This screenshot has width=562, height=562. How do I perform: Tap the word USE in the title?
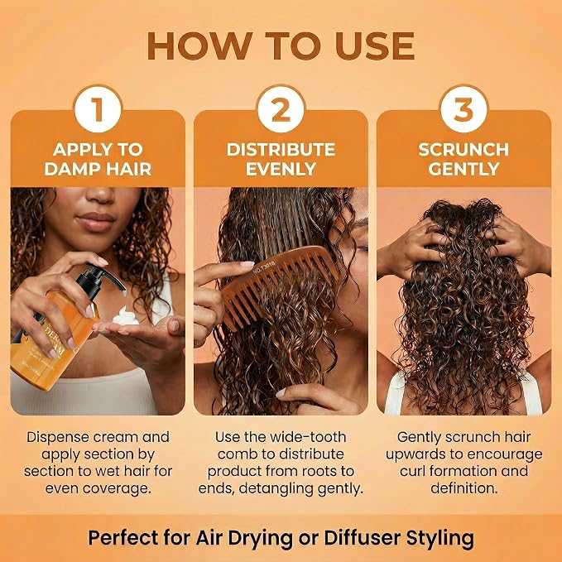click(x=375, y=46)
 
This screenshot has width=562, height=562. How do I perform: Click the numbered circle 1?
click(x=98, y=109)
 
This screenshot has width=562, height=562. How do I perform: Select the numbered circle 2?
click(x=281, y=109)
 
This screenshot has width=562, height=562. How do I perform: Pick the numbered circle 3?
click(x=464, y=109)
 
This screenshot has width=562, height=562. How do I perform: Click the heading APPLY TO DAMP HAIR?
click(x=98, y=159)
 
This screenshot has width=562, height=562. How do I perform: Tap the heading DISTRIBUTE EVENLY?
click(x=281, y=159)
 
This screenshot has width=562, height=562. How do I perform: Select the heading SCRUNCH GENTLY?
click(x=464, y=159)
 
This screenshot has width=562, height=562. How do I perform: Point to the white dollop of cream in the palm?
click(x=126, y=317)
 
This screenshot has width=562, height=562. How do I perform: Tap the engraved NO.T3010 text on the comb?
click(x=264, y=267)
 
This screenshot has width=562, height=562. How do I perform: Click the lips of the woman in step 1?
click(x=95, y=222)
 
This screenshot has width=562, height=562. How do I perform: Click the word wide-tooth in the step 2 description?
click(x=308, y=437)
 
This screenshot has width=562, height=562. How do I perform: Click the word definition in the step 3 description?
click(x=464, y=488)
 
